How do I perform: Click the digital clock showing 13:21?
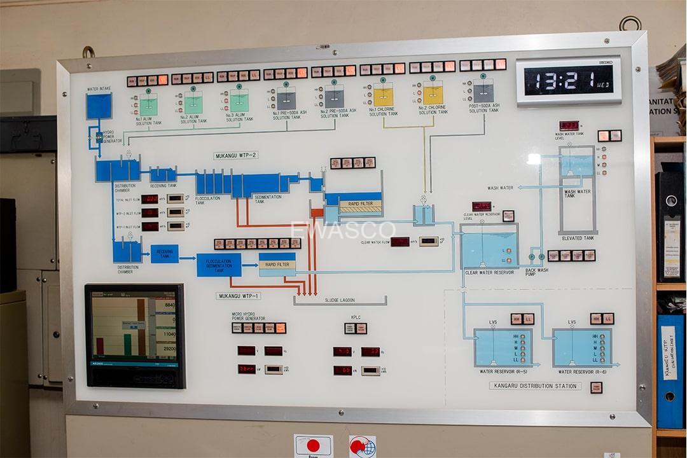(x=568, y=81)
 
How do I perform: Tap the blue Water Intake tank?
(x=99, y=106)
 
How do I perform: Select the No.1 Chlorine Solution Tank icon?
(x=383, y=97)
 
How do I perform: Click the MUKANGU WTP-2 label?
(x=235, y=155)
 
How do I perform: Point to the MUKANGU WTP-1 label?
(x=239, y=296)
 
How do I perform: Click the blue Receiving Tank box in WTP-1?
(x=164, y=254)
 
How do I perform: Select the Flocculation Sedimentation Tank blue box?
(x=219, y=265)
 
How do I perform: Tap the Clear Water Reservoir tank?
(x=489, y=249)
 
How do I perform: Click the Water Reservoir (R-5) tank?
(x=503, y=347)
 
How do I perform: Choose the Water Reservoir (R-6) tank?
(x=581, y=347)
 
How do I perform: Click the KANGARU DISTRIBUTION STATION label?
(x=535, y=386)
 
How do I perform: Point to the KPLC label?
(x=356, y=316)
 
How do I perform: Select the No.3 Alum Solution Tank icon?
(x=239, y=101)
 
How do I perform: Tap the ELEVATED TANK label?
(x=578, y=238)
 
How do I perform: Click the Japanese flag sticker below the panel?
(x=313, y=445)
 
